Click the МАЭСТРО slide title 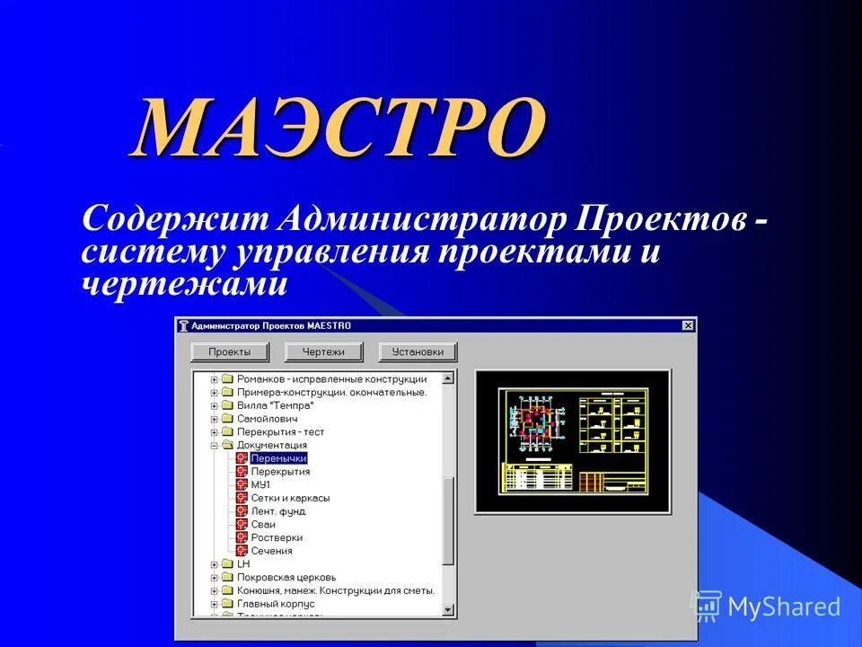(x=339, y=128)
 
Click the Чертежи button (x=322, y=351)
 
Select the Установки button (x=418, y=351)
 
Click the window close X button (x=688, y=325)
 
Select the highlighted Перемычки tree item (x=278, y=458)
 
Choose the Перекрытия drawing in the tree (x=280, y=471)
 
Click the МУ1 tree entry (x=260, y=484)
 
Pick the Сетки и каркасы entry (x=290, y=498)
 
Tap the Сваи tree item (x=263, y=524)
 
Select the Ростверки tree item (x=277, y=537)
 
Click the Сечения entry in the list (x=271, y=551)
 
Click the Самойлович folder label (x=267, y=419)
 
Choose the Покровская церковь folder (x=286, y=577)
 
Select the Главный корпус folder (x=276, y=604)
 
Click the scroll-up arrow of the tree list (x=449, y=377)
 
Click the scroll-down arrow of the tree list (x=449, y=610)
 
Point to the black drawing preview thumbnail (x=573, y=441)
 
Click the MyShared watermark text (x=784, y=607)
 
